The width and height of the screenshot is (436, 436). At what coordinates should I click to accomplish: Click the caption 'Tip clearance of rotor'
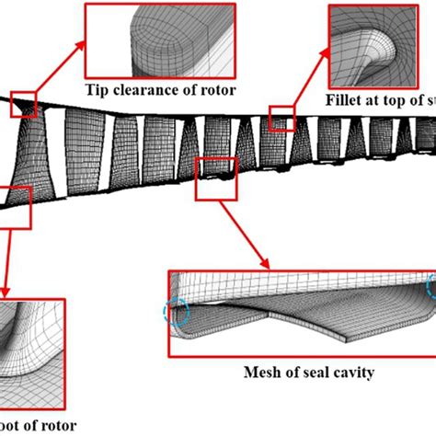(x=161, y=89)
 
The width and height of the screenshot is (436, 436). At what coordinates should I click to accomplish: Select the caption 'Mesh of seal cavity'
(x=301, y=373)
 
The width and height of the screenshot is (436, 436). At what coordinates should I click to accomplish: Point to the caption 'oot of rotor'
(x=32, y=426)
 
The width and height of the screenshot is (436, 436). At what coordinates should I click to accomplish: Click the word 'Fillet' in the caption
(x=344, y=99)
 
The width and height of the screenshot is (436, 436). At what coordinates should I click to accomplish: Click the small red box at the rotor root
(x=14, y=204)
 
